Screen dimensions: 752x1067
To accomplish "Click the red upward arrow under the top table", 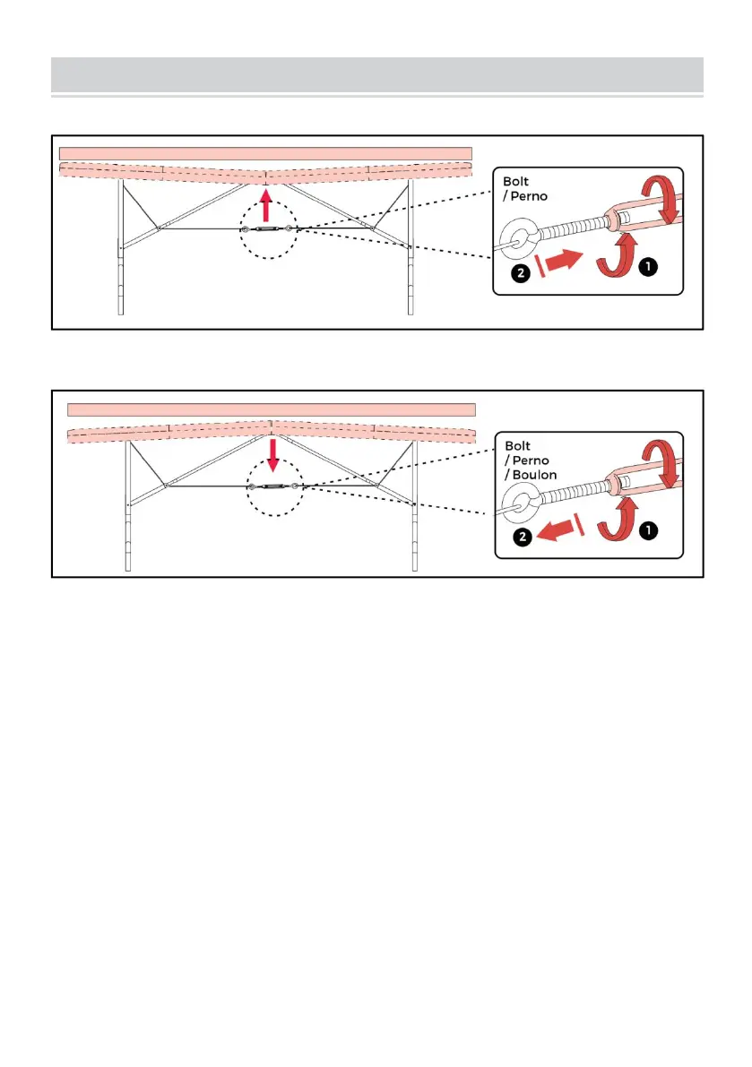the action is pyautogui.click(x=266, y=205).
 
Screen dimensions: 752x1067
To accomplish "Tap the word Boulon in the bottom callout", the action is pyautogui.click(x=534, y=475).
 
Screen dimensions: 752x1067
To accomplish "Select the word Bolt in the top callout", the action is pyautogui.click(x=515, y=182).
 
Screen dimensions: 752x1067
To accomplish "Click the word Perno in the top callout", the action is pyautogui.click(x=529, y=197).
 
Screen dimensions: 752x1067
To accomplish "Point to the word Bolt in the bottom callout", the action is pyautogui.click(x=517, y=446).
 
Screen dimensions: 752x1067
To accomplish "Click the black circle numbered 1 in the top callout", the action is pyautogui.click(x=648, y=267).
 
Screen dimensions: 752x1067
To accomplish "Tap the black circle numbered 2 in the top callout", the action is pyautogui.click(x=521, y=273).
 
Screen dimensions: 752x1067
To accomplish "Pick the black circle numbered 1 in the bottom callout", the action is pyautogui.click(x=649, y=530).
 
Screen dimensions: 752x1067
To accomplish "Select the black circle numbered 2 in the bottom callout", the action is pyautogui.click(x=523, y=537).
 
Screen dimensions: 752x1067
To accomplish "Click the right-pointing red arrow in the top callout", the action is pyautogui.click(x=564, y=262).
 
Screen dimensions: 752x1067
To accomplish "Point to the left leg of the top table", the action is pyautogui.click(x=121, y=247).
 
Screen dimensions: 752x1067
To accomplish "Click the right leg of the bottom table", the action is pyautogui.click(x=414, y=506).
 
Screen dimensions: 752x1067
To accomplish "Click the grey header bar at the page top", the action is pyautogui.click(x=377, y=75).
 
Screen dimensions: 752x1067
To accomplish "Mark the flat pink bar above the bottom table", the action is pyautogui.click(x=272, y=409).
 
